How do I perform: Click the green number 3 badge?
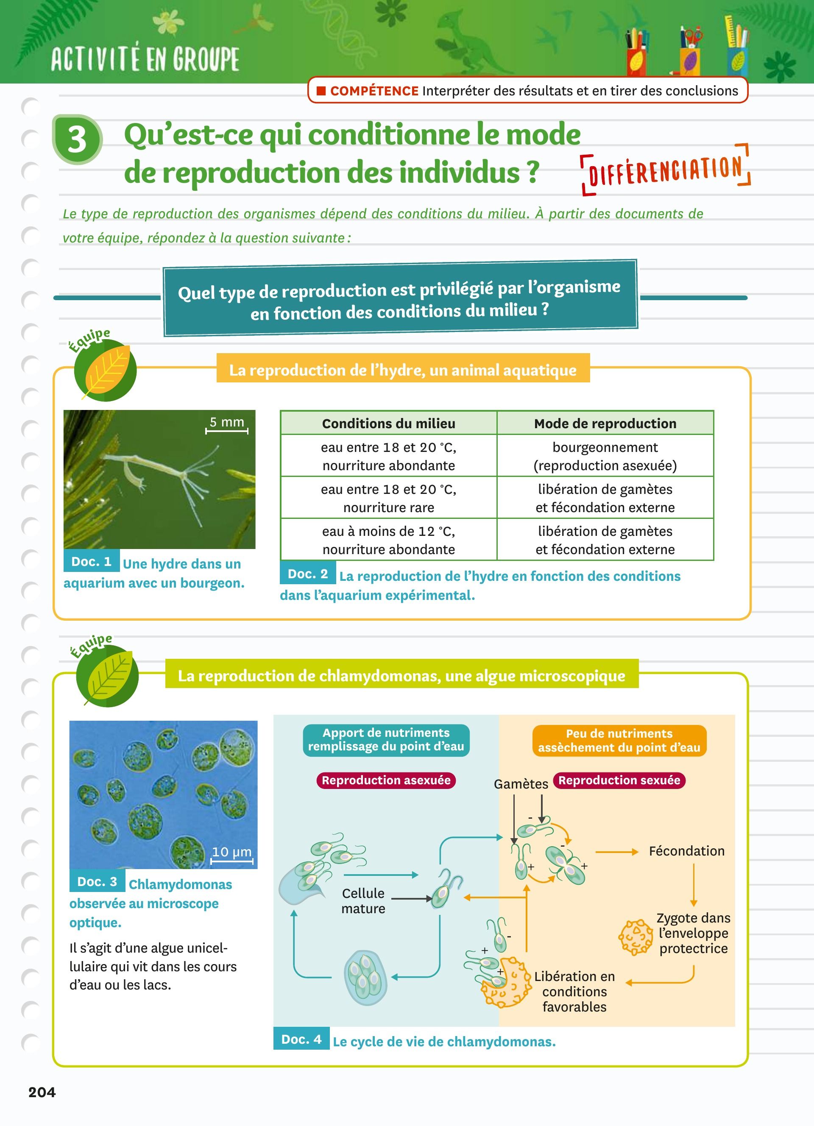[x=77, y=139]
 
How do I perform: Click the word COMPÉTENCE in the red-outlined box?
[x=374, y=91]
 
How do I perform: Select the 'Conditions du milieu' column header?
[x=389, y=424]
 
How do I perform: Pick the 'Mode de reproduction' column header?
[x=605, y=424]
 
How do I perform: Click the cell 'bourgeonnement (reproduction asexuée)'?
[x=605, y=456]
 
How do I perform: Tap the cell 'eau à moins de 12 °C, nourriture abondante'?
[x=389, y=540]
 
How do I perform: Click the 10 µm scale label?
[x=231, y=851]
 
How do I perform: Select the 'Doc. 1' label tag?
[x=91, y=561]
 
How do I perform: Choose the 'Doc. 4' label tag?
[x=301, y=1039]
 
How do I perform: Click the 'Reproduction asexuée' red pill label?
[x=386, y=780]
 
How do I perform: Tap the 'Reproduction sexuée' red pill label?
[x=619, y=780]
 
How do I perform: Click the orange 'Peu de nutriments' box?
[x=619, y=740]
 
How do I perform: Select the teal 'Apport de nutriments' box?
[x=386, y=739]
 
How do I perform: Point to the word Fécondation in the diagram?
[x=686, y=851]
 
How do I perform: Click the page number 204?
[x=42, y=1092]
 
